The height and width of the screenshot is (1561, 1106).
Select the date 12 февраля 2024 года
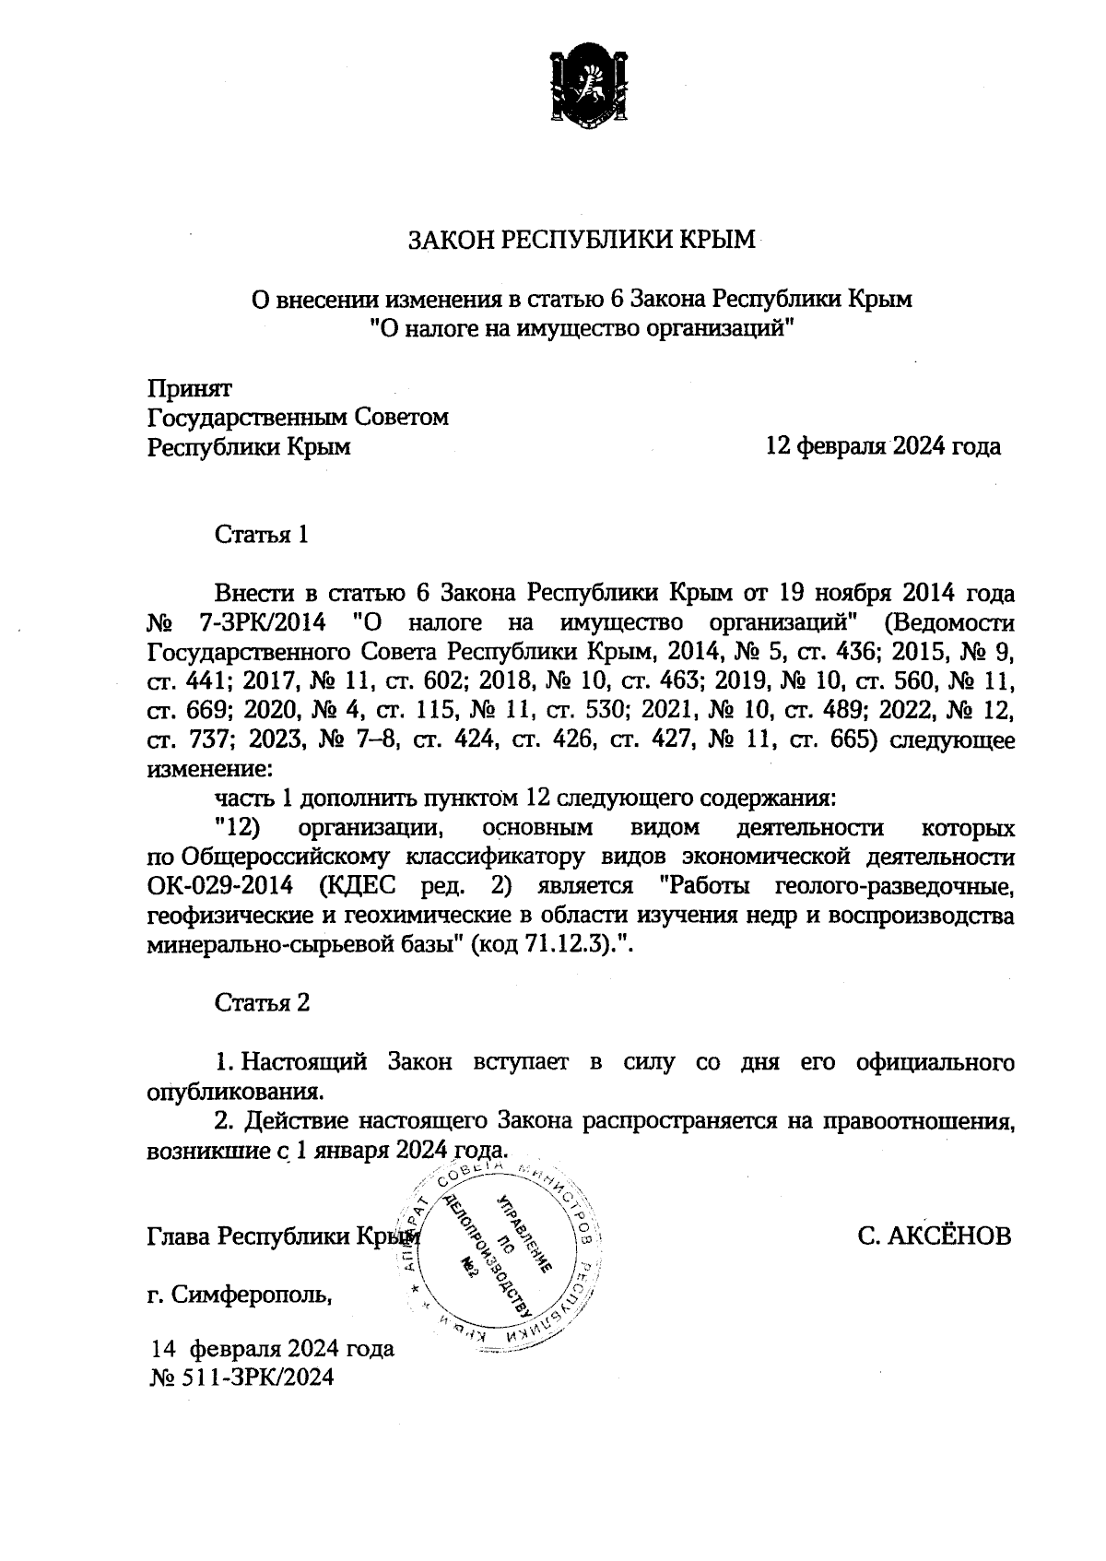[x=883, y=447]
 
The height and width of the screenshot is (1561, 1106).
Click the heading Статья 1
[x=261, y=536]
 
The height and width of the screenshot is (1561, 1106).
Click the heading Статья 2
[x=262, y=1003]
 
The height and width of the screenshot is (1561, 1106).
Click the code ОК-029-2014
[x=220, y=887]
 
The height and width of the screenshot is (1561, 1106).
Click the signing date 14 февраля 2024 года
[x=273, y=1350]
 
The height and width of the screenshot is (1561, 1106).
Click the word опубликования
[x=235, y=1093]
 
